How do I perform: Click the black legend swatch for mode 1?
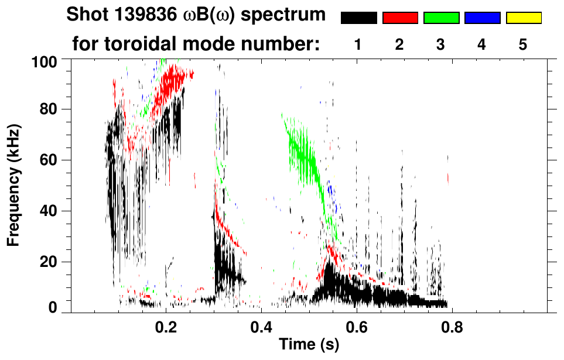point(358,18)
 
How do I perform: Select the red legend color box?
point(400,18)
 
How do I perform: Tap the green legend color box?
point(441,18)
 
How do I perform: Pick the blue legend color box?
point(482,18)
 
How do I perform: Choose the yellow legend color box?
point(523,18)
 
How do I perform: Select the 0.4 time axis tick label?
point(262,327)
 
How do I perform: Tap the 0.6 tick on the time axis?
point(357,327)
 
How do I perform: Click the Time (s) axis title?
point(309,345)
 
